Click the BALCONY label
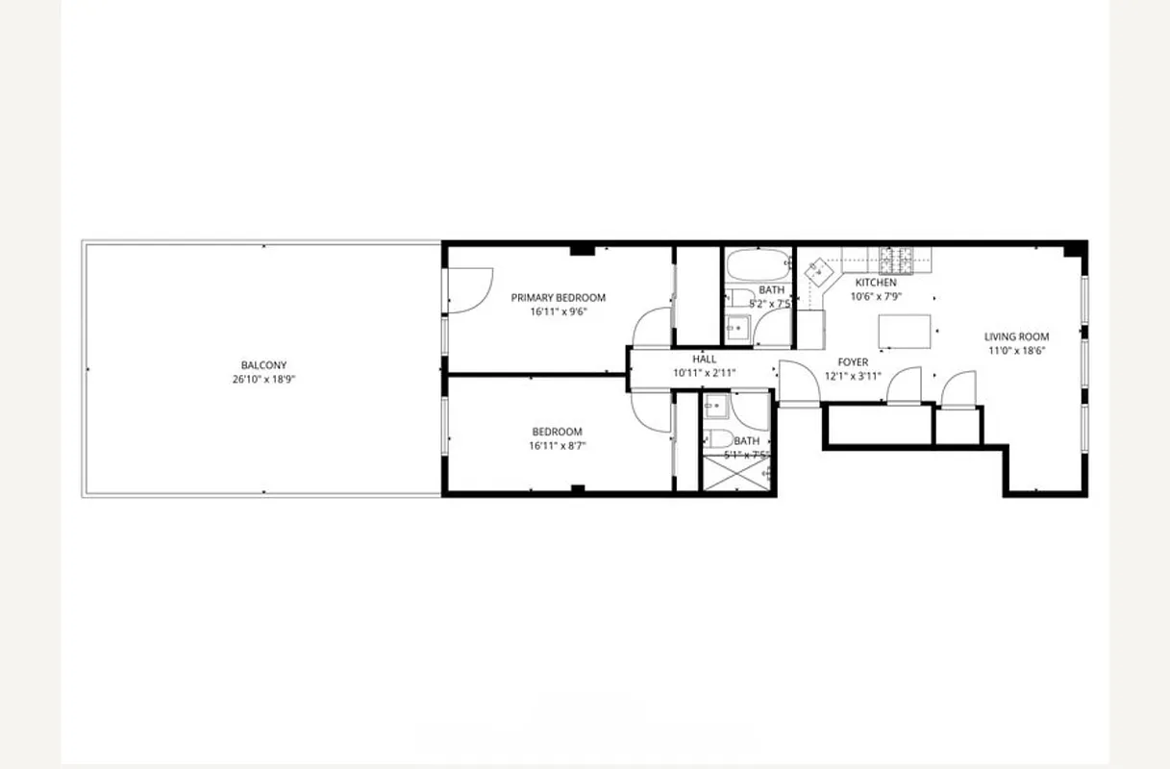point(263,365)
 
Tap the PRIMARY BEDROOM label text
point(558,298)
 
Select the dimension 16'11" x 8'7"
point(558,446)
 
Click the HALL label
point(704,360)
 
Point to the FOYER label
point(853,362)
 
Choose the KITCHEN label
point(875,284)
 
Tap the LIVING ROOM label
point(1016,337)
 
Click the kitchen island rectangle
point(905,332)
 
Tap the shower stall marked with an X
point(737,473)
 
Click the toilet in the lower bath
point(716,440)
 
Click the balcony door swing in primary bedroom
point(468,289)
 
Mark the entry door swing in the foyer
point(796,383)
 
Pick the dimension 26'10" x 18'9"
point(263,379)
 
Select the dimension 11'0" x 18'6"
point(1016,351)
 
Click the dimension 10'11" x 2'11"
point(704,373)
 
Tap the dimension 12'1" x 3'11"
point(853,376)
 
